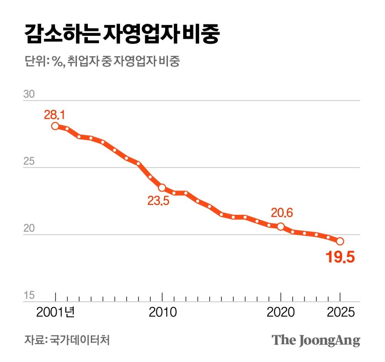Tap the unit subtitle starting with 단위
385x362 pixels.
(x=102, y=62)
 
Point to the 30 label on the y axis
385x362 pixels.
(x=29, y=95)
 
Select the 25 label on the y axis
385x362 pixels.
(x=29, y=162)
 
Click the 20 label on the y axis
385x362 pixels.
(x=29, y=229)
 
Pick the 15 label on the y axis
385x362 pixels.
(x=29, y=296)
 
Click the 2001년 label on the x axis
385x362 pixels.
(x=55, y=312)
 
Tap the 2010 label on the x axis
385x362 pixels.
(x=162, y=312)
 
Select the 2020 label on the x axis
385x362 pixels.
(x=281, y=312)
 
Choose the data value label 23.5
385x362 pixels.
(x=158, y=201)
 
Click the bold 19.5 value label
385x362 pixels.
(x=340, y=257)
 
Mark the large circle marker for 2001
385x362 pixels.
(x=55, y=126)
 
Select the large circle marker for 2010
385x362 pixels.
(x=162, y=188)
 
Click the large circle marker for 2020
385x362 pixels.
(x=281, y=226)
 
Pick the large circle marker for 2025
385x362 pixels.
(x=340, y=241)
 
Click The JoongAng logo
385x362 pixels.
(x=316, y=340)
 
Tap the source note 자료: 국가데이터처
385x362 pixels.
(x=67, y=340)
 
